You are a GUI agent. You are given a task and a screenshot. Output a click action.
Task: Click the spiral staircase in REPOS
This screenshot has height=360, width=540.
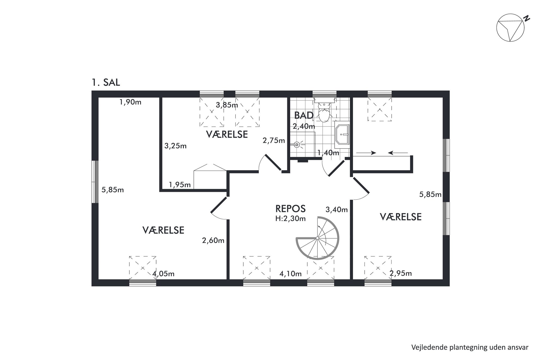click(318, 238)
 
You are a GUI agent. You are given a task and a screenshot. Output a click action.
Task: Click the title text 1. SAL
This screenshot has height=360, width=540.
click(106, 82)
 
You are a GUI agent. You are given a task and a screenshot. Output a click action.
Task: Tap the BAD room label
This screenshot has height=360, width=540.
click(304, 115)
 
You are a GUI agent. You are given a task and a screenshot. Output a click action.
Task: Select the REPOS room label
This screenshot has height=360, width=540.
click(290, 209)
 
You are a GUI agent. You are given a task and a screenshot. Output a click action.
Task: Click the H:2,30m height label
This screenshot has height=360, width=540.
click(290, 219)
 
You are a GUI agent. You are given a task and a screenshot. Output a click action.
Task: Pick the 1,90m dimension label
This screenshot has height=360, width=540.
click(130, 102)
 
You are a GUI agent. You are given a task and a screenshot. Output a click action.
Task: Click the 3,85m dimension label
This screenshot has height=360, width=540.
click(227, 105)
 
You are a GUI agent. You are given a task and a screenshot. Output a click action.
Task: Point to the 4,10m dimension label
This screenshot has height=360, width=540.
click(291, 274)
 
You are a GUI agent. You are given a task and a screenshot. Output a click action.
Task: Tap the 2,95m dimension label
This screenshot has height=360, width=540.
click(401, 273)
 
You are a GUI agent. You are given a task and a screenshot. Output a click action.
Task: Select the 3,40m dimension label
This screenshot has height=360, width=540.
click(337, 210)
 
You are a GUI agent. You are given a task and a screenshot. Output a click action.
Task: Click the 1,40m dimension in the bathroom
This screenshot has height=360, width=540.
click(328, 153)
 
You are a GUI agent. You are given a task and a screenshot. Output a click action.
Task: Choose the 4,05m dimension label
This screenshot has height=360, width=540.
click(163, 274)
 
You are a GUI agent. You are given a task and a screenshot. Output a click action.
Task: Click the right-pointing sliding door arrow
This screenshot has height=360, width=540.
click(366, 153)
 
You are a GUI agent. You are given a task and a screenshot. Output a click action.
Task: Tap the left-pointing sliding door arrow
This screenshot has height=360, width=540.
click(398, 153)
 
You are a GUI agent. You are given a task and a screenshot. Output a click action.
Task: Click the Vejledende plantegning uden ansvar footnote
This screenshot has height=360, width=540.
click(470, 347)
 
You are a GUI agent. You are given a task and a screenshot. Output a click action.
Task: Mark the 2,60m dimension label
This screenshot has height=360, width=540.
click(213, 240)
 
